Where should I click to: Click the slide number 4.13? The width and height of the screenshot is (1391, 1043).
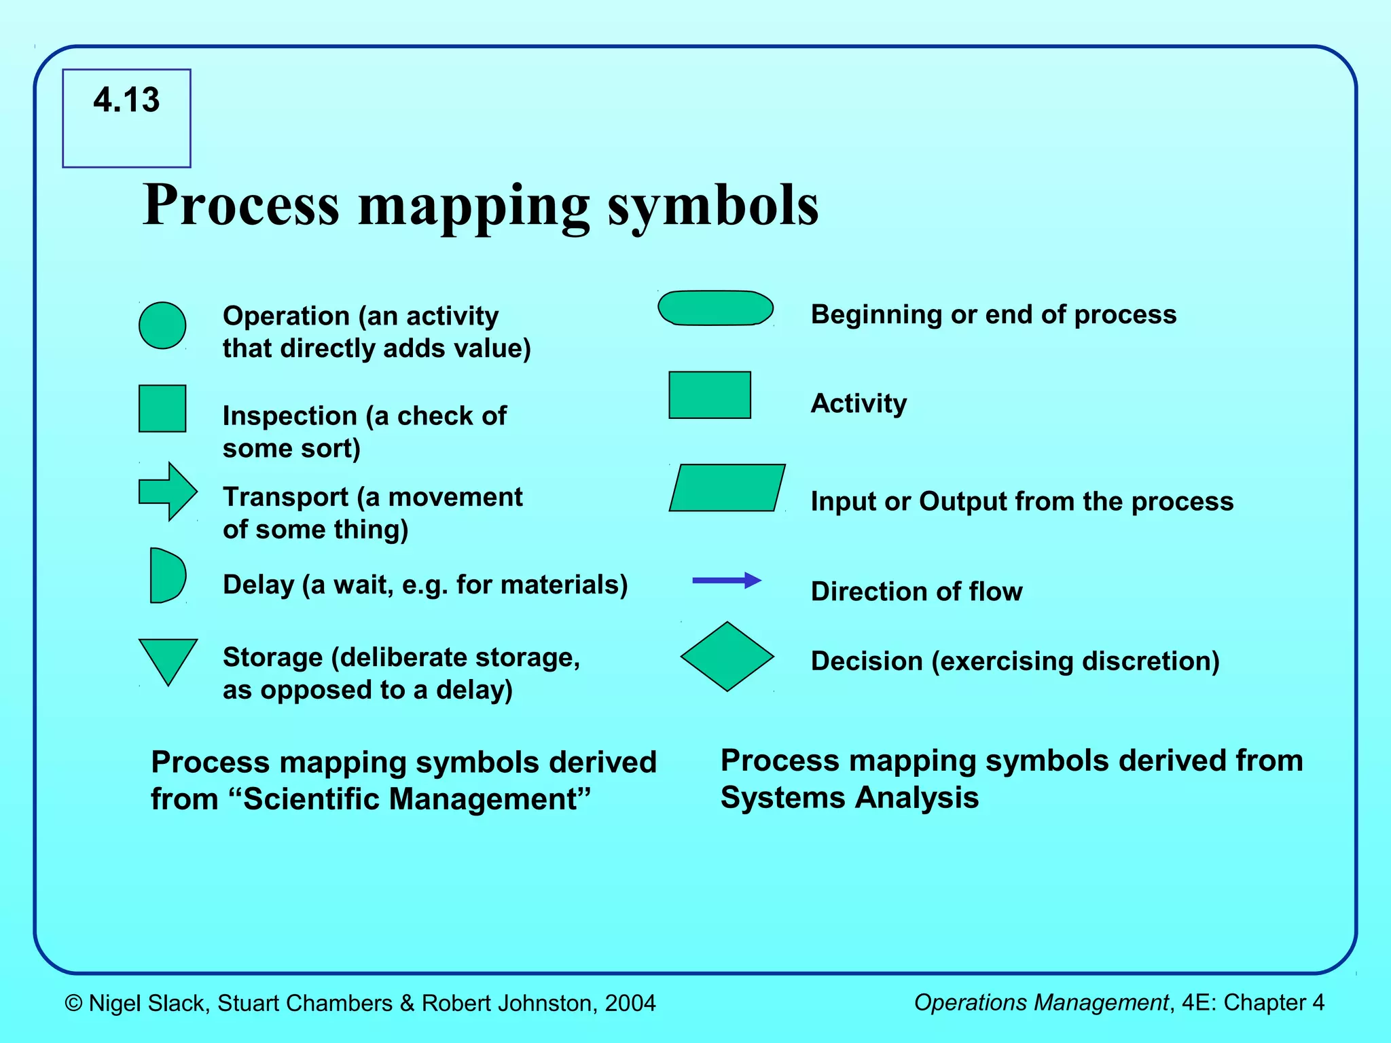(x=126, y=100)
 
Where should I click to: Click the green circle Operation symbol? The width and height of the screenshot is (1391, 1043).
(x=162, y=326)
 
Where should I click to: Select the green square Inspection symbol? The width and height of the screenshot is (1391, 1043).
(x=162, y=409)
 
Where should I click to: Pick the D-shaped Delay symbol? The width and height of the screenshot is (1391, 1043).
(x=166, y=576)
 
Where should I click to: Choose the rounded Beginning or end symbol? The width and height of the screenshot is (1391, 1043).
(x=715, y=308)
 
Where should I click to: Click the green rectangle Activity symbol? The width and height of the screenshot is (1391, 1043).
(x=710, y=395)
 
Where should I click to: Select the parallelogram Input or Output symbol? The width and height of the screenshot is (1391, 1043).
(x=727, y=488)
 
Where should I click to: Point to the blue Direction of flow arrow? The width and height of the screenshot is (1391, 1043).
(x=727, y=580)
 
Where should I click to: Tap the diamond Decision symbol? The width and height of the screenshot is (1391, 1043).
(x=727, y=657)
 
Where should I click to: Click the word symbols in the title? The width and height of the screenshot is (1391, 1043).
(x=713, y=205)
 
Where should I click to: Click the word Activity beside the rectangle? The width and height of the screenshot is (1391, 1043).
(x=859, y=403)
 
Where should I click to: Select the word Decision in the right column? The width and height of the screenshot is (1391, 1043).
(x=867, y=661)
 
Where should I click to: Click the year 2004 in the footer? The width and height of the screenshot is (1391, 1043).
(x=630, y=1003)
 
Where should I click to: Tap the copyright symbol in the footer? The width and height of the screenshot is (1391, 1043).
(x=73, y=1004)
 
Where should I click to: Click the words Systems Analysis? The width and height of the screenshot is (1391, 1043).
(x=849, y=797)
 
